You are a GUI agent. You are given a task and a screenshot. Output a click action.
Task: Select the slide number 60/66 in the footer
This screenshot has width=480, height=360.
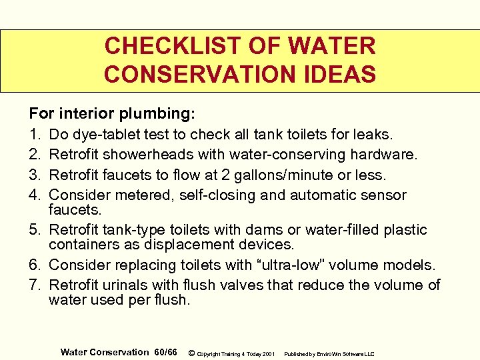coord(165,351)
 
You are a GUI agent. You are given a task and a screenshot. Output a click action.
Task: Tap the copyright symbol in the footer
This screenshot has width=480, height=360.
coord(192,352)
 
